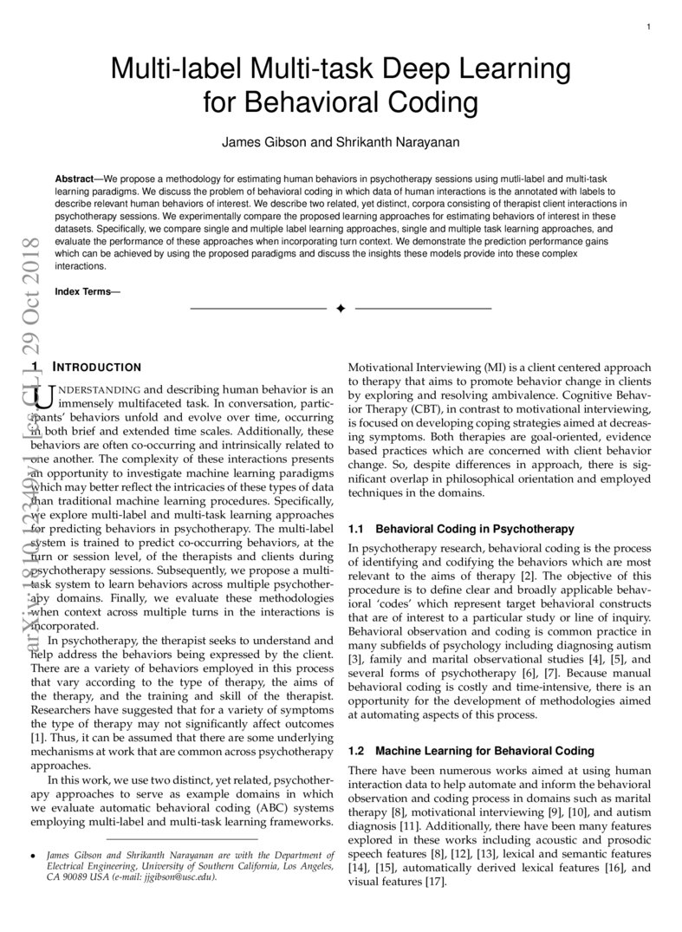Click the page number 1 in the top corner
[x=648, y=28]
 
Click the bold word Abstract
[x=74, y=176]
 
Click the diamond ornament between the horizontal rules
[x=341, y=309]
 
